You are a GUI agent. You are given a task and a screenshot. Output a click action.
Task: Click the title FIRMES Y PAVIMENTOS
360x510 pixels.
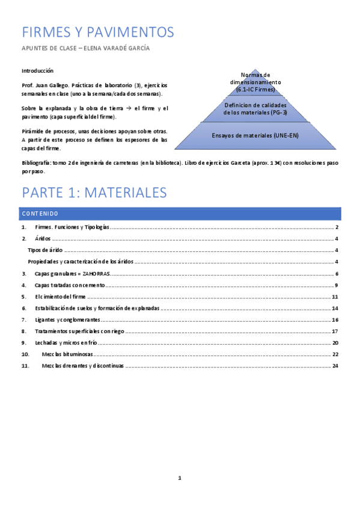tap(97, 32)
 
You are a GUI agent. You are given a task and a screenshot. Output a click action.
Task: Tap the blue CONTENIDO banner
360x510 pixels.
tap(180, 214)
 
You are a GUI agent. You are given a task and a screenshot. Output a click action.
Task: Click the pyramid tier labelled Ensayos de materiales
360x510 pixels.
tap(255, 135)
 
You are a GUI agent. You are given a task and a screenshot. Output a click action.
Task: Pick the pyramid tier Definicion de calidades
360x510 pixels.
tap(255, 109)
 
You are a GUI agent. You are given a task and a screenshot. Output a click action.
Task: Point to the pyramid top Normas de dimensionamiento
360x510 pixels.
tap(255, 82)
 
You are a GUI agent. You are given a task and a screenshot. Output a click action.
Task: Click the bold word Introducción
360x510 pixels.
tap(37, 70)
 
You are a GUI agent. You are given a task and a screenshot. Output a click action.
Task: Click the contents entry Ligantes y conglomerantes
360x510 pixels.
tap(67, 319)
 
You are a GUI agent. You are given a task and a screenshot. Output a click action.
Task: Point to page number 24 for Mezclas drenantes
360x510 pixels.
tap(335, 365)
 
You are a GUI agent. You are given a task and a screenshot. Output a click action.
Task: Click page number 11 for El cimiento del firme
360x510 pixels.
tap(335, 296)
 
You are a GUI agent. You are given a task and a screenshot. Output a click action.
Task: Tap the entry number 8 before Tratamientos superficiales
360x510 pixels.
tap(23, 331)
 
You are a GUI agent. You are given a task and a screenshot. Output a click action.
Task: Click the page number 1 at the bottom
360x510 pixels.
tap(180, 478)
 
